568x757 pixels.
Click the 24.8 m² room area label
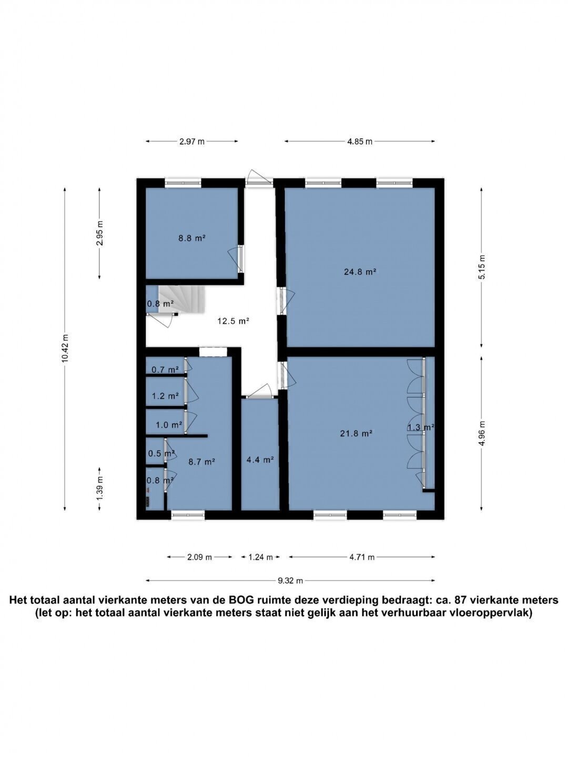click(x=359, y=271)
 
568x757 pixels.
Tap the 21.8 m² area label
click(x=356, y=434)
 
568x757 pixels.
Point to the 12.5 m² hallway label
click(x=233, y=321)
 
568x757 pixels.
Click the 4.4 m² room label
click(x=260, y=459)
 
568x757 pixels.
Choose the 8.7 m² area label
click(x=201, y=462)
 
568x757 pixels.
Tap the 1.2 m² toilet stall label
click(x=165, y=396)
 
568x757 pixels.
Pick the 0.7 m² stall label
click(x=165, y=370)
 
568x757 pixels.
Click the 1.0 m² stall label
click(x=169, y=425)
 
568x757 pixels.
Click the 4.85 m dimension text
click(x=360, y=141)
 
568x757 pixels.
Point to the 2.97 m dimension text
click(x=192, y=141)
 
